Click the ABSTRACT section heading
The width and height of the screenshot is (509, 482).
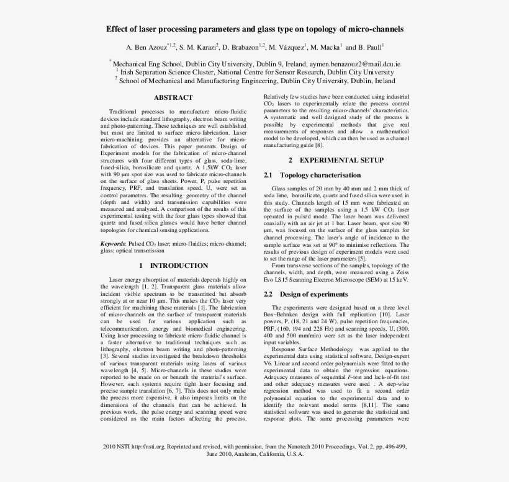pos(173,97)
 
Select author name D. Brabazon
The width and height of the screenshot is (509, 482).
pos(243,47)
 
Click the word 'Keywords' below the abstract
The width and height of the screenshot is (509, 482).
pos(112,244)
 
